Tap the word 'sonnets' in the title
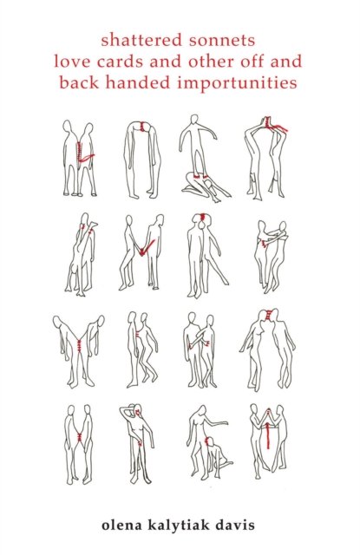point(222,40)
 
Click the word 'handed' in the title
point(138,83)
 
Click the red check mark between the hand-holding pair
point(146,247)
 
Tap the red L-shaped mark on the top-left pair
point(84,154)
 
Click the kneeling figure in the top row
point(206,187)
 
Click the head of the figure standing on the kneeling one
point(194,120)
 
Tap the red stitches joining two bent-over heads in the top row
point(142,127)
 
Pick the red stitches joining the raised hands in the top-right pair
point(272,125)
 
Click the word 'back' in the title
point(79,83)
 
